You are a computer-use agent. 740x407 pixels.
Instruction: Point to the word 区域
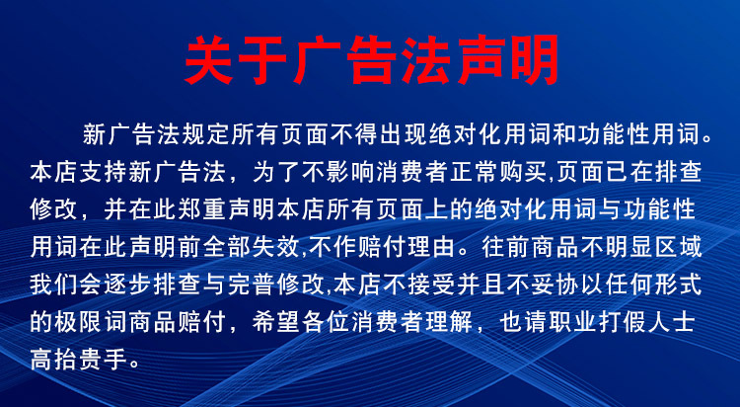[705, 247]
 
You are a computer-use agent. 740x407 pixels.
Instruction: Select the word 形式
[705, 285]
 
